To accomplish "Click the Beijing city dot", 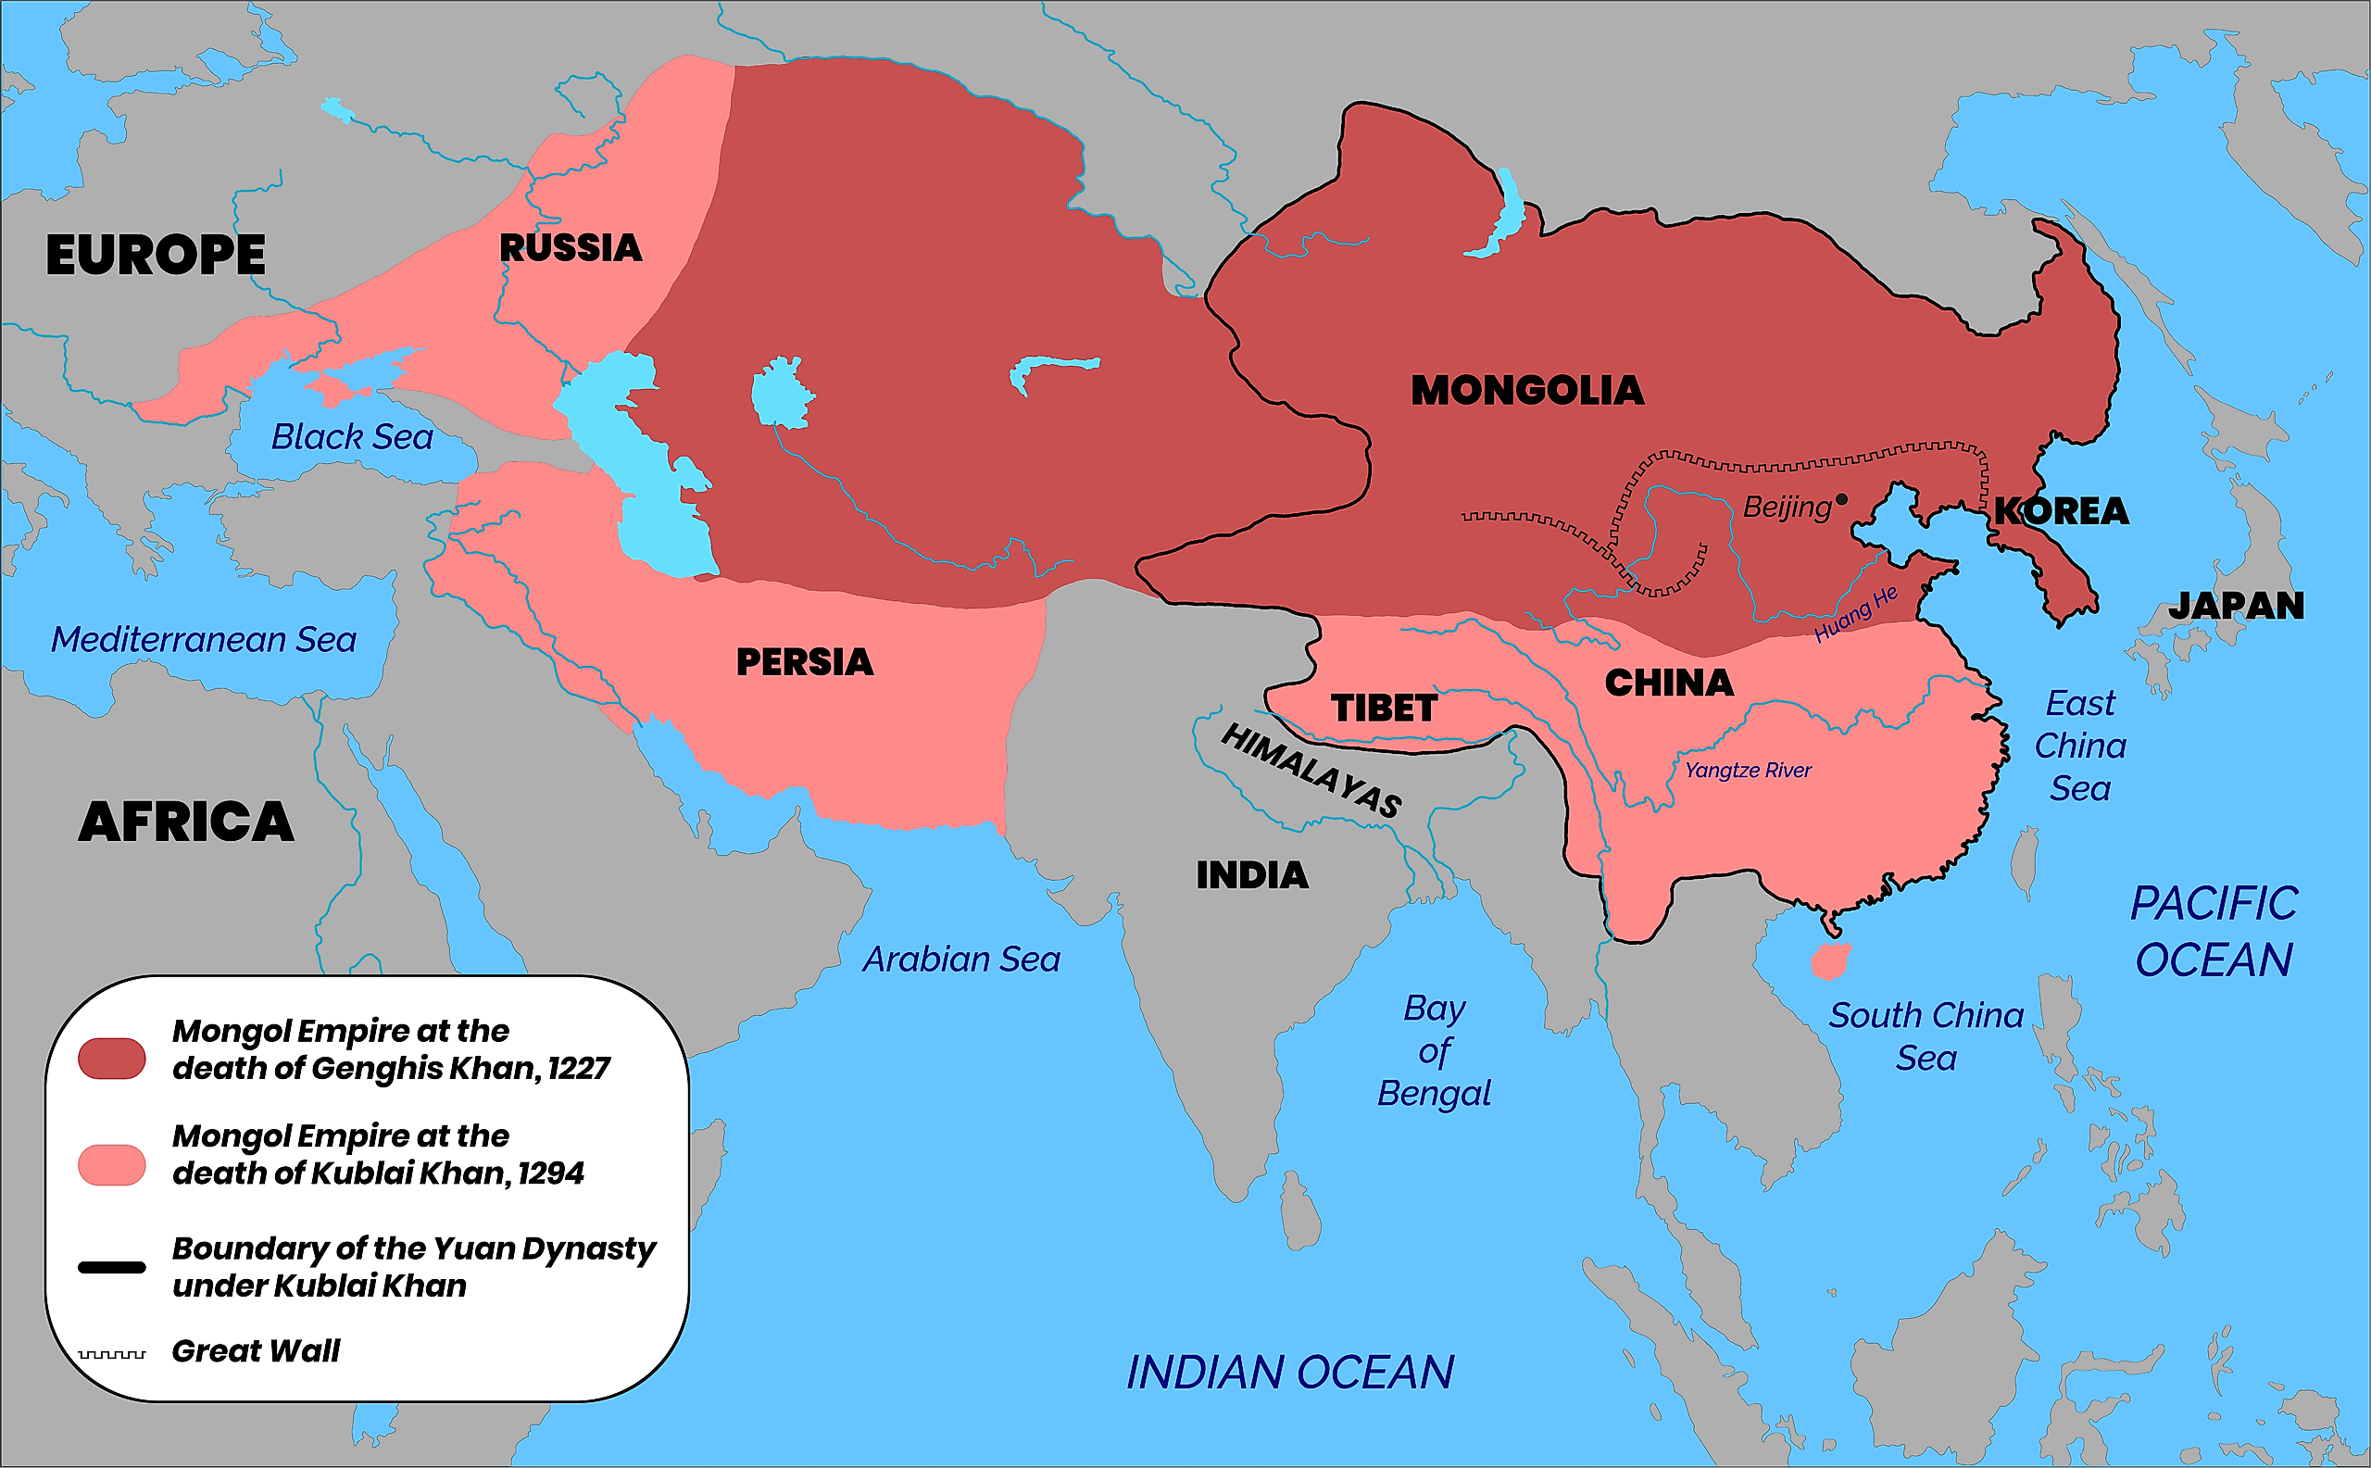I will click(1841, 499).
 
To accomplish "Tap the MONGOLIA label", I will click(1527, 390).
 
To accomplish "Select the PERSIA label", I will click(804, 662).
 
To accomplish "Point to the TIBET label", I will click(1384, 708).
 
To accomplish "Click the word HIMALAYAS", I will click(1311, 771).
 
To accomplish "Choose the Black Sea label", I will click(351, 437).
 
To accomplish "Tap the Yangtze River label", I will click(1748, 770).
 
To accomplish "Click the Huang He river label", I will click(1855, 614).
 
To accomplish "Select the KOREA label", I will click(2062, 510).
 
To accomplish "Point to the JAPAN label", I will click(2236, 606).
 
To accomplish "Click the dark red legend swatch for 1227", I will click(112, 1059).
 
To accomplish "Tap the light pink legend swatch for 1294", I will click(112, 1164).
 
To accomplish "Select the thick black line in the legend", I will click(112, 1267).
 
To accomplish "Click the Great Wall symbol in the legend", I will click(112, 1353).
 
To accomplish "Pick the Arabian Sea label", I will click(961, 960).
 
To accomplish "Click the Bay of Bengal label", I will click(1434, 1050).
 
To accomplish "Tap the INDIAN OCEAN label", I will click(1289, 1372).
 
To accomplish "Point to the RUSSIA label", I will click(571, 247).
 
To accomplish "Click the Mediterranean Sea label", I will click(204, 640).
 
